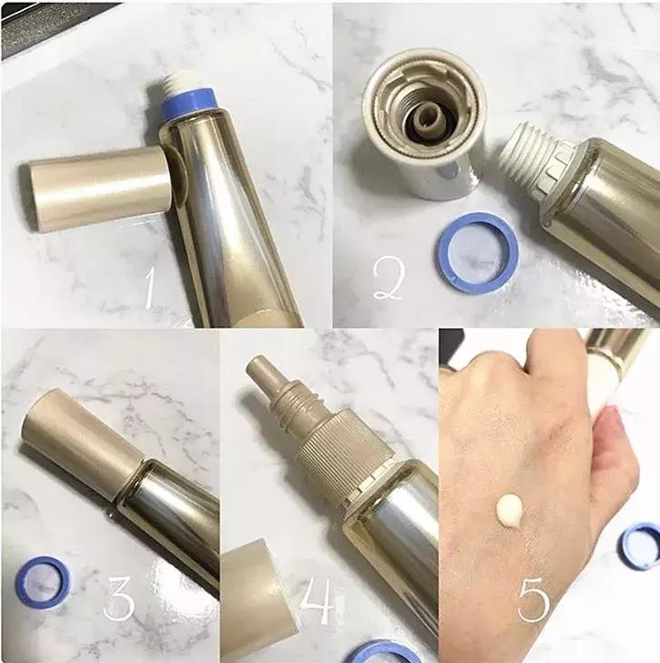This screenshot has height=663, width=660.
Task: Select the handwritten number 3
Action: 122,597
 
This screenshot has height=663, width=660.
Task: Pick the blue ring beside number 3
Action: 43,581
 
